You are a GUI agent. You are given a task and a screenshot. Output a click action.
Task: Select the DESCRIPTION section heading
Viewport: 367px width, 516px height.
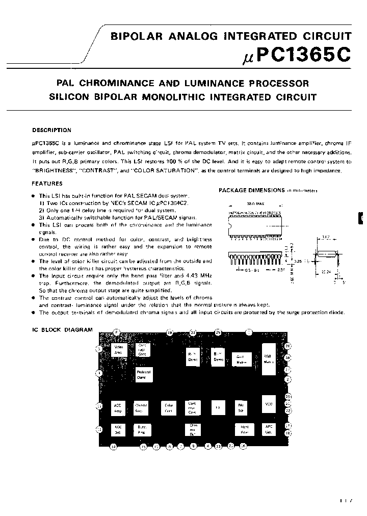click(51, 130)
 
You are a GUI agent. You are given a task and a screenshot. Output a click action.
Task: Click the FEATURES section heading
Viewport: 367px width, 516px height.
click(47, 184)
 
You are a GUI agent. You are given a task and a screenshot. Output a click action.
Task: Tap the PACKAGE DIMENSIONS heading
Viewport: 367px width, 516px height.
click(251, 190)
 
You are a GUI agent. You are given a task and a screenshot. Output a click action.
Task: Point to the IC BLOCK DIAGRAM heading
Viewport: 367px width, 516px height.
click(62, 330)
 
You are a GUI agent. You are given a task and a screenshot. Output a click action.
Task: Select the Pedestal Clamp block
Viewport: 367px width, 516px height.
click(144, 375)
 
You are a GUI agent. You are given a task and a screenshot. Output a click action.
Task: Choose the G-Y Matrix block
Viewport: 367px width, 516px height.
click(242, 359)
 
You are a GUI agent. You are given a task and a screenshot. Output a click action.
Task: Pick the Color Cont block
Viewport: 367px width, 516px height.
click(169, 407)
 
